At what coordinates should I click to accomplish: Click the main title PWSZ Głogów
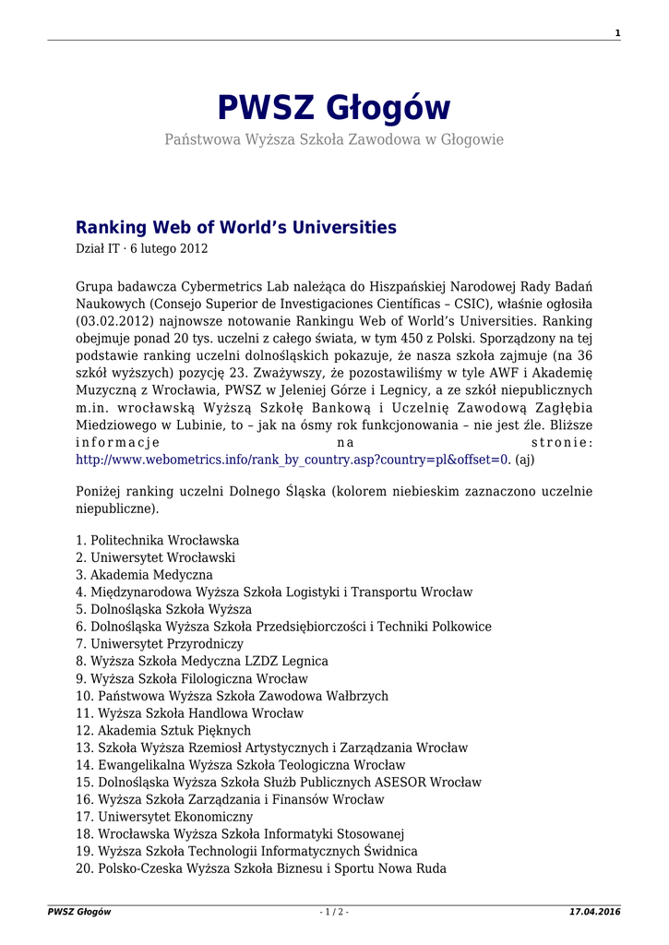pyautogui.click(x=334, y=109)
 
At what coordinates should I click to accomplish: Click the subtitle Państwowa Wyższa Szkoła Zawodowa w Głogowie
pyautogui.click(x=334, y=139)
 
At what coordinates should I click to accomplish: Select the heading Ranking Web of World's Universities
pyautogui.click(x=236, y=227)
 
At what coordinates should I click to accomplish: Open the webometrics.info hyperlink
pyautogui.click(x=293, y=459)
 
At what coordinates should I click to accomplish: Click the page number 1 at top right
pyautogui.click(x=617, y=33)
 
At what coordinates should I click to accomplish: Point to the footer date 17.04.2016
pyautogui.click(x=595, y=912)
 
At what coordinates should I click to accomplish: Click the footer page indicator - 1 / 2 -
pyautogui.click(x=334, y=912)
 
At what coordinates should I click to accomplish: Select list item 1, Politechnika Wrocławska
pyautogui.click(x=158, y=540)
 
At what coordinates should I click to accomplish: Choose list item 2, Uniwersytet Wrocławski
pyautogui.click(x=156, y=557)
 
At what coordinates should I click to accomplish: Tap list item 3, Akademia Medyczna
pyautogui.click(x=145, y=575)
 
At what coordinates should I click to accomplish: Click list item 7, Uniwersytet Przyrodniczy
pyautogui.click(x=160, y=644)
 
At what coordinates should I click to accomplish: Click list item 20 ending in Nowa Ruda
pyautogui.click(x=261, y=868)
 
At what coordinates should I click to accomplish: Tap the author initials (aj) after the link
pyautogui.click(x=525, y=459)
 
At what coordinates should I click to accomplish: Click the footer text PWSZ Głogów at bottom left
pyautogui.click(x=79, y=912)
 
